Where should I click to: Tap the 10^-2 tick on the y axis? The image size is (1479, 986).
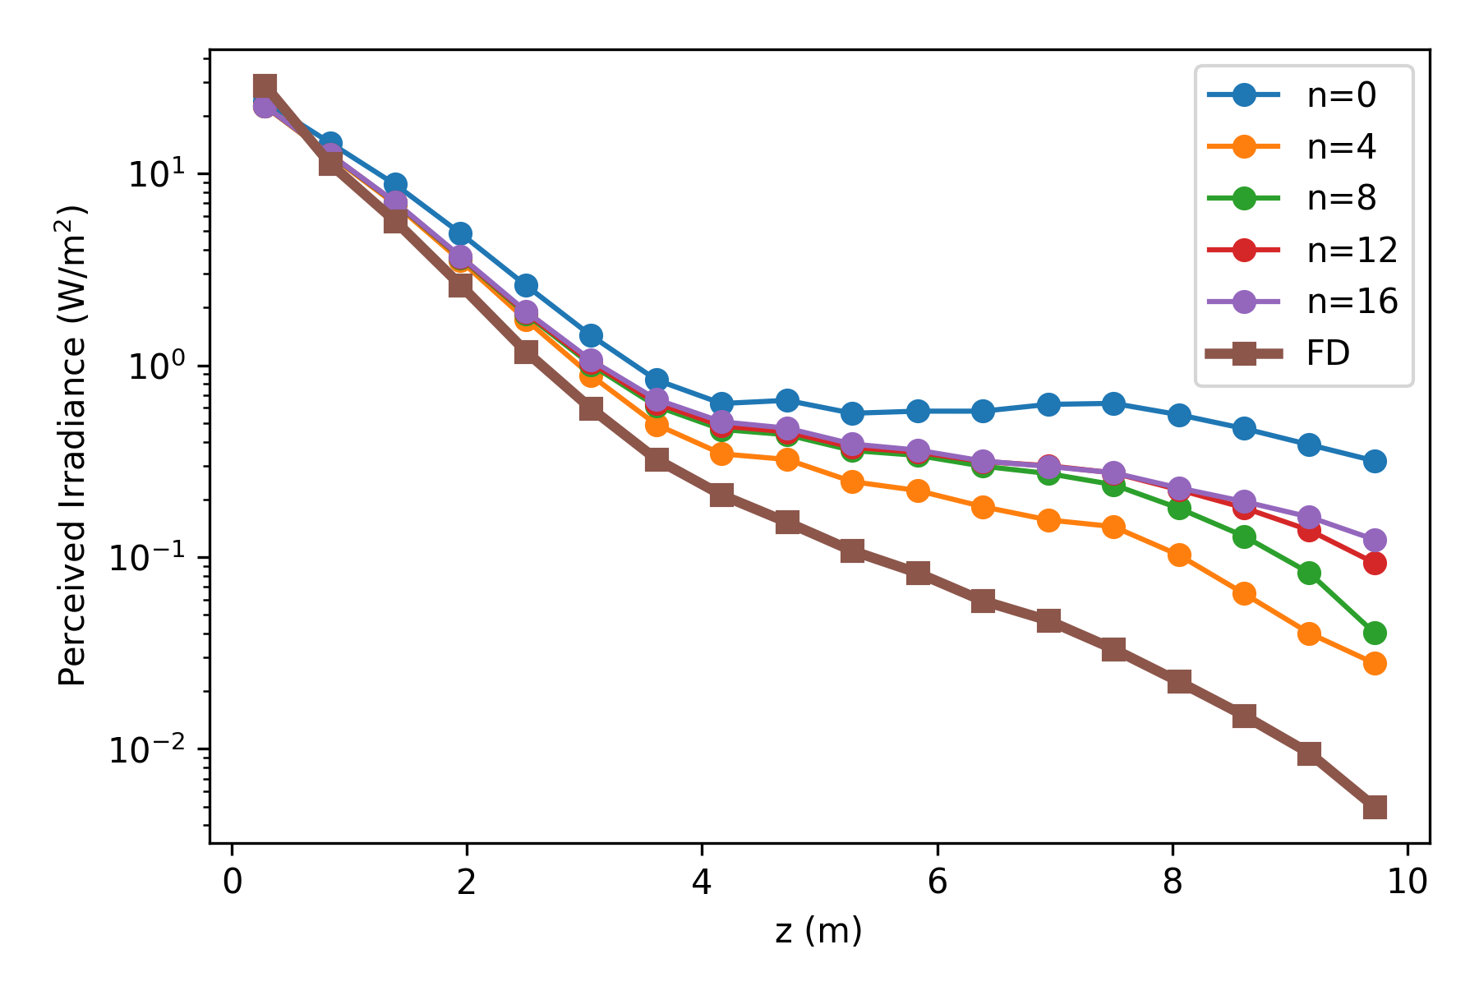pyautogui.click(x=157, y=750)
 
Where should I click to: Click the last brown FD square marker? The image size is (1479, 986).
pyautogui.click(x=1375, y=808)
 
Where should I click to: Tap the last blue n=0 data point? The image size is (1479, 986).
pyautogui.click(x=1375, y=461)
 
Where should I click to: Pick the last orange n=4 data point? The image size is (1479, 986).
pyautogui.click(x=1375, y=663)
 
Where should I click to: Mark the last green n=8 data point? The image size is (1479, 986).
pyautogui.click(x=1375, y=633)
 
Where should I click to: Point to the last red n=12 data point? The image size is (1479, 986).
pyautogui.click(x=1375, y=563)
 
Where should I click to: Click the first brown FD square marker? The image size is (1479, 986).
pyautogui.click(x=265, y=86)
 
